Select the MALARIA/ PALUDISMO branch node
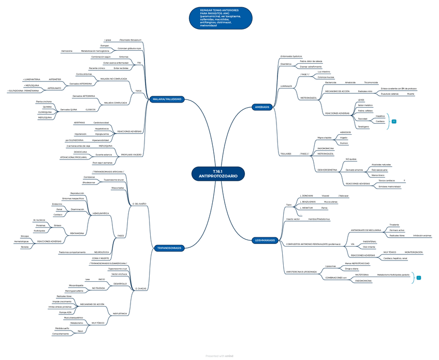[x=167, y=99]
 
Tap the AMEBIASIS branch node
[x=261, y=107]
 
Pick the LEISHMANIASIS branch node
[x=265, y=240]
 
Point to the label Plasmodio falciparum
[x=130, y=40]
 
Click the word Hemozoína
[x=66, y=51]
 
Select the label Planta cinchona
[x=43, y=102]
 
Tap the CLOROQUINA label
[x=45, y=112]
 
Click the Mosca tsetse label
[x=118, y=188]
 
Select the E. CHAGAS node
[x=139, y=288]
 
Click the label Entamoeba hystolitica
[x=291, y=56]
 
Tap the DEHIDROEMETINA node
[x=327, y=169]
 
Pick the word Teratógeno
[x=363, y=126]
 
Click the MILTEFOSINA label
[x=362, y=275]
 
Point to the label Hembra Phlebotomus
[x=319, y=220]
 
